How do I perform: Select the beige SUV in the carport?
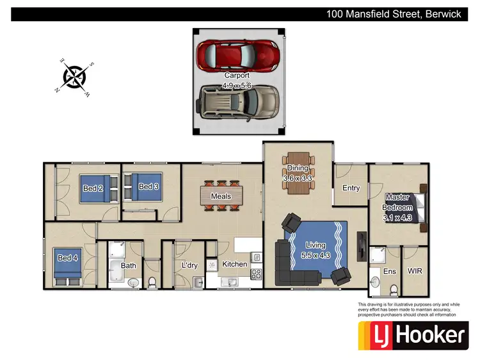[x=237, y=102]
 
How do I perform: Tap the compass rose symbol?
[x=75, y=77]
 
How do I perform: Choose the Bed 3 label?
[x=148, y=187]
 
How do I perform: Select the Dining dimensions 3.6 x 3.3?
[x=298, y=178]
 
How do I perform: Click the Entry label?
[x=351, y=188]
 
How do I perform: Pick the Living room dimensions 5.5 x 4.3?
[x=316, y=255]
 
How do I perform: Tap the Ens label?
[x=390, y=271]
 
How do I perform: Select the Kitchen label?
[x=234, y=264]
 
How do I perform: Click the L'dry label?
[x=188, y=265]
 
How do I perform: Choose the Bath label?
[x=129, y=265]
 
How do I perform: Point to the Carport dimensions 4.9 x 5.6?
[x=237, y=84]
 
